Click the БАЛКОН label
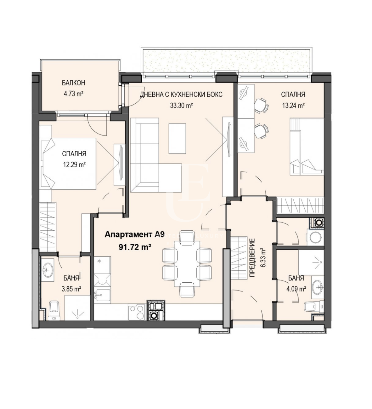click(x=74, y=83)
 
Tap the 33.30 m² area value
click(x=181, y=106)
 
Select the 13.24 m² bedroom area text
click(x=293, y=106)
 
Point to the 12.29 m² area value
click(x=74, y=164)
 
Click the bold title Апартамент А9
click(x=134, y=235)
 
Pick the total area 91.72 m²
click(x=135, y=248)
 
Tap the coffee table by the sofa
click(x=177, y=138)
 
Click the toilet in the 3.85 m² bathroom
click(x=54, y=312)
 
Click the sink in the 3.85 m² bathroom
click(x=47, y=270)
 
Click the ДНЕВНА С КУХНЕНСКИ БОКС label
click(x=181, y=95)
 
